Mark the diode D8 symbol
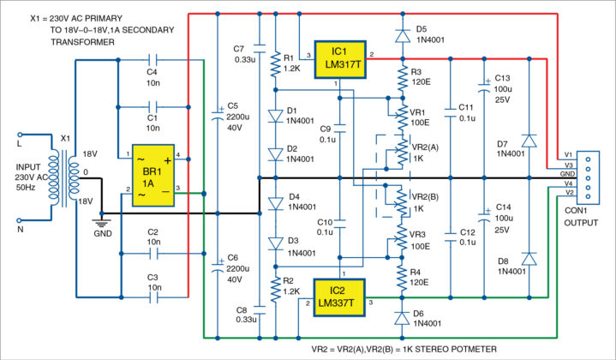pos(529,258)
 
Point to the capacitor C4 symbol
pos(152,59)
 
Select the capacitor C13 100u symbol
pos(484,85)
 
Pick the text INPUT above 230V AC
pos(25,156)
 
